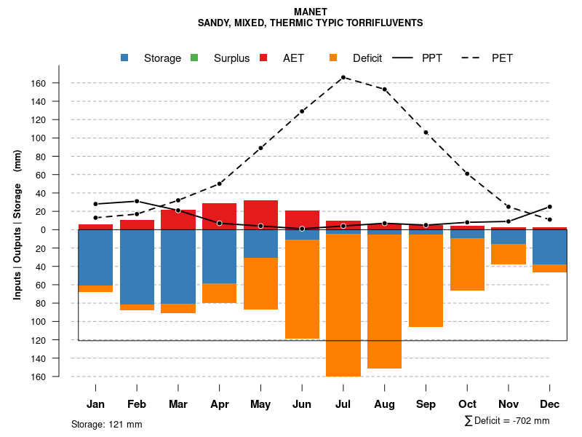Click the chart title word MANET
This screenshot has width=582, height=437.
(x=311, y=12)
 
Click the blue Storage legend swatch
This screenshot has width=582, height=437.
(x=125, y=58)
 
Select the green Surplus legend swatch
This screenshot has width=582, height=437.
(x=194, y=58)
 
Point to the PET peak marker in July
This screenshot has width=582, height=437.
(x=343, y=77)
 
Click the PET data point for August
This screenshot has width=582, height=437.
(x=384, y=90)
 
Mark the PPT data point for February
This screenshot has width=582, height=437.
(x=137, y=201)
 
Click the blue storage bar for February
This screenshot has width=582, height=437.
(x=137, y=267)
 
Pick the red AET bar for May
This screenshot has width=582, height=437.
(x=260, y=214)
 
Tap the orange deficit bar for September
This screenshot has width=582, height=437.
(x=426, y=280)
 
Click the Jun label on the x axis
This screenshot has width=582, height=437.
(x=302, y=404)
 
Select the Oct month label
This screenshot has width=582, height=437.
(x=467, y=404)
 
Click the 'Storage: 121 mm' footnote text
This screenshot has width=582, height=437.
(x=106, y=424)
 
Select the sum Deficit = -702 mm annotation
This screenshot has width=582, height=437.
(x=507, y=421)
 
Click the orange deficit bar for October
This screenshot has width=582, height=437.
(x=467, y=264)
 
